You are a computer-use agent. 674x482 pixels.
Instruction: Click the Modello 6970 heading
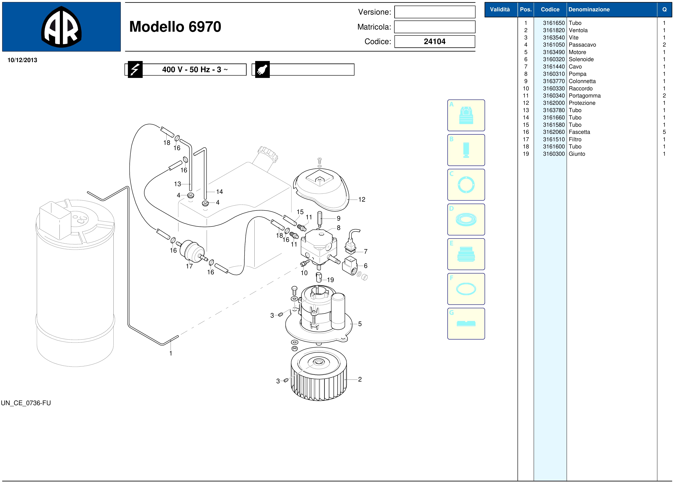tap(175, 27)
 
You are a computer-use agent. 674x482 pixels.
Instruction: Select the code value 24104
tap(435, 42)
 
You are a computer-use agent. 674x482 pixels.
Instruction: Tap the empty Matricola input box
tap(435, 27)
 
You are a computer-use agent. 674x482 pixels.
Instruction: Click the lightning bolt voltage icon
tap(135, 69)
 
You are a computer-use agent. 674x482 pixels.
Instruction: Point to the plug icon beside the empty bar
tap(262, 69)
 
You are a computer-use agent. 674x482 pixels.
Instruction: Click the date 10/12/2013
tap(22, 60)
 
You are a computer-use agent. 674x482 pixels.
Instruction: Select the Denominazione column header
tap(589, 9)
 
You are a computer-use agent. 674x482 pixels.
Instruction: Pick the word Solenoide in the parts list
tap(581, 59)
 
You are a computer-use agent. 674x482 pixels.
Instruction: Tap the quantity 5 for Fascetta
tap(664, 132)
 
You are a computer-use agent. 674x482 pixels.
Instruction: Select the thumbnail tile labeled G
tap(466, 324)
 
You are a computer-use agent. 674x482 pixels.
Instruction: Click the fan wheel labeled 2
tap(319, 374)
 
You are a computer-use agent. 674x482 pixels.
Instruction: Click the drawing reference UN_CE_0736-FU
tap(26, 403)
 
